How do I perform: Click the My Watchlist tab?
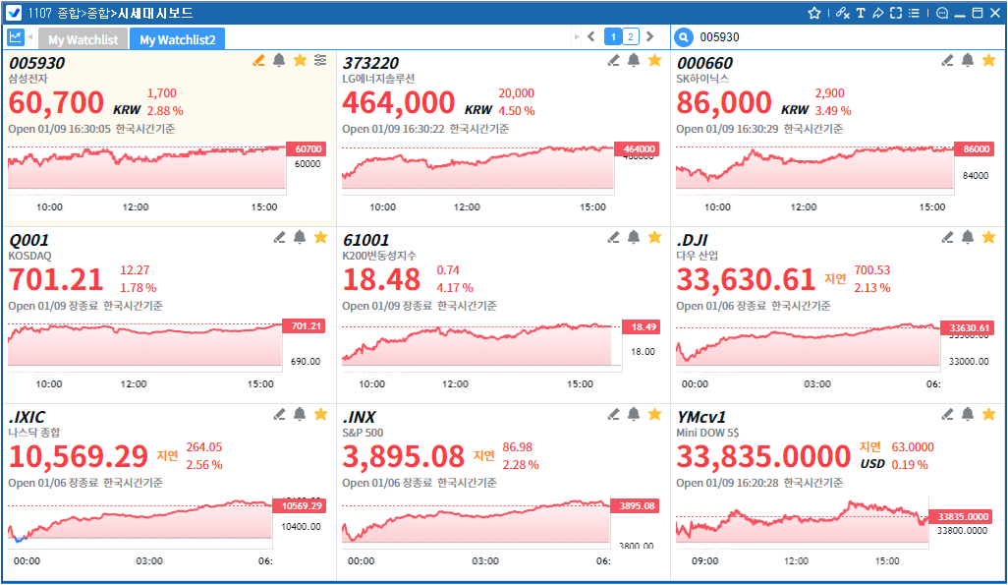pyautogui.click(x=83, y=39)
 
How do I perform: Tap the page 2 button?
pyautogui.click(x=631, y=36)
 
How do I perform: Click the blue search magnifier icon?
pyautogui.click(x=684, y=37)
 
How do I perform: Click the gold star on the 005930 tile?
pyautogui.click(x=301, y=61)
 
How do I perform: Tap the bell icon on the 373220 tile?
pyautogui.click(x=634, y=61)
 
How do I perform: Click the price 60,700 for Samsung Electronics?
pyautogui.click(x=56, y=102)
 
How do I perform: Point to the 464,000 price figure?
pyautogui.click(x=398, y=102)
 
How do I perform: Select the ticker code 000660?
pyautogui.click(x=704, y=63)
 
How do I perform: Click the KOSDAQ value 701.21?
pyautogui.click(x=56, y=279)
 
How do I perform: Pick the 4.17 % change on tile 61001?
pyautogui.click(x=455, y=288)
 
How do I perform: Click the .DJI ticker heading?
pyautogui.click(x=693, y=240)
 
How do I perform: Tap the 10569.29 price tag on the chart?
pyautogui.click(x=302, y=505)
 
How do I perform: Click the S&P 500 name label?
pyautogui.click(x=363, y=432)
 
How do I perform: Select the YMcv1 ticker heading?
pyautogui.click(x=701, y=417)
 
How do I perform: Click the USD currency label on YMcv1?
pyautogui.click(x=872, y=464)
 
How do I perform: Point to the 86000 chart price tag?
pyautogui.click(x=977, y=148)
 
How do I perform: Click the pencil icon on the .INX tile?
pyautogui.click(x=613, y=415)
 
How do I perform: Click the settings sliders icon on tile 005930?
pyautogui.click(x=320, y=61)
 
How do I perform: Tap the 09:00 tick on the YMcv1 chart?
pyautogui.click(x=705, y=561)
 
